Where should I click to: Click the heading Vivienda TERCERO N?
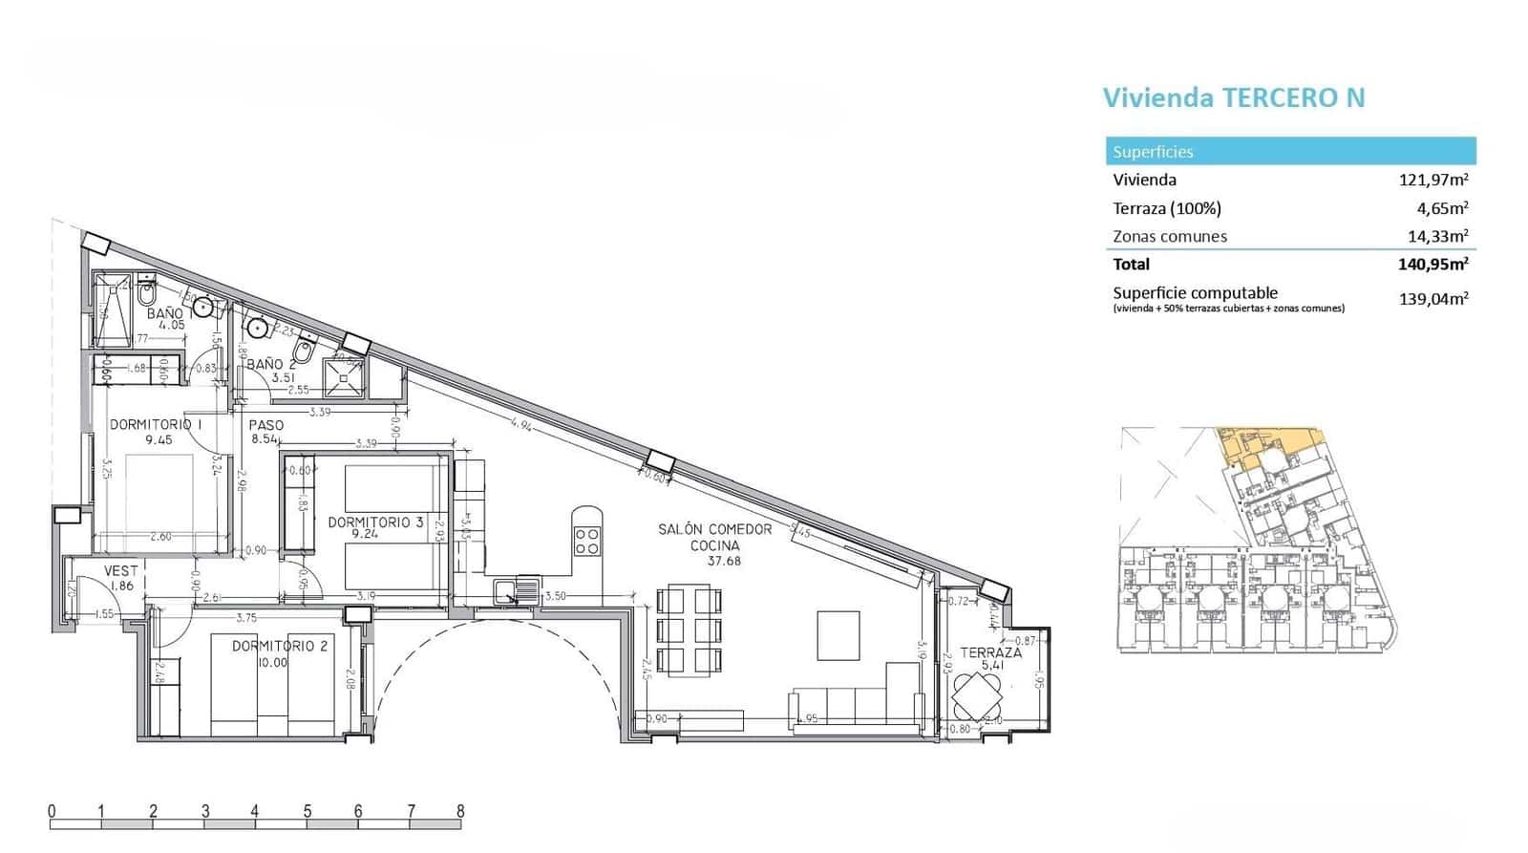coord(1233,97)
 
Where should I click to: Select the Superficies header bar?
coord(1290,151)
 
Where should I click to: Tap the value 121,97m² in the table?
coord(1432,180)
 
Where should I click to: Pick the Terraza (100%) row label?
coord(1166,208)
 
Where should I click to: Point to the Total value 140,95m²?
coord(1432,265)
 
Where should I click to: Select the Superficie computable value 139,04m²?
coord(1432,298)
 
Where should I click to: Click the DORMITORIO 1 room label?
coord(156,424)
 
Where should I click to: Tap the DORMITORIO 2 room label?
coord(280,647)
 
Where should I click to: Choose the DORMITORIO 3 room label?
coord(375,522)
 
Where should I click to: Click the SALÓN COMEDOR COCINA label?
coord(714,537)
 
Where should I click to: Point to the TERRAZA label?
coord(990,653)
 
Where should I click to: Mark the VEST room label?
coord(121,571)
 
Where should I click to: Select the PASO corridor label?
coord(265,426)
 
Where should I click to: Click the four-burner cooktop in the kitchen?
coord(586,542)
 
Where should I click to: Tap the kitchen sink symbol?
coord(518,589)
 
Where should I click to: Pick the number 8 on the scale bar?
coord(460,812)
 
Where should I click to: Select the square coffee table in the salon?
coord(838,635)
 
